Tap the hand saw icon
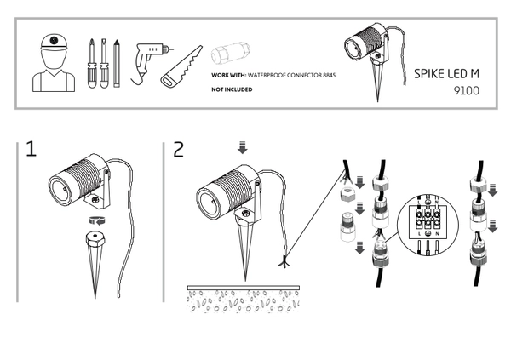(181, 67)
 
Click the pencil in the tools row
(117, 64)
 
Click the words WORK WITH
(227, 76)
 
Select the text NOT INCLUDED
(231, 89)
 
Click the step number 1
(32, 151)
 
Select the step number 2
(178, 151)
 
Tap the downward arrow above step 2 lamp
(243, 148)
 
